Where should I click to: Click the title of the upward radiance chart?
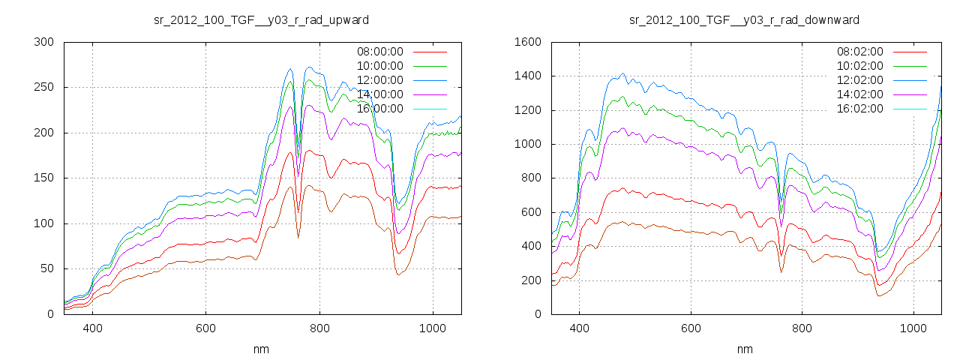point(261,19)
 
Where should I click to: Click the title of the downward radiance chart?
point(744,19)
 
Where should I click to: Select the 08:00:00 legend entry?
point(379,52)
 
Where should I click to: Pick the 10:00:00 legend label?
point(379,66)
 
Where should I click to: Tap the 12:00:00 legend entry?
point(379,80)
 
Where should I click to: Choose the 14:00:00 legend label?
point(379,94)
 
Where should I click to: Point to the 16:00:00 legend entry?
point(379,109)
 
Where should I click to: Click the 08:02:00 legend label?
point(859,52)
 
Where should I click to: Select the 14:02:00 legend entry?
point(859,94)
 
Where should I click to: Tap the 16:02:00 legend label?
point(859,109)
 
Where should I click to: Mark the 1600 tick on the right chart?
point(527,42)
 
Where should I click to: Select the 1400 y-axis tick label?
point(527,76)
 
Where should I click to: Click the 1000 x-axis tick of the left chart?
point(433,328)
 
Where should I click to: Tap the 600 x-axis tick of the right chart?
point(691,328)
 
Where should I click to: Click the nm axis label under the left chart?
point(261,349)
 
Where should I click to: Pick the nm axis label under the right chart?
point(744,349)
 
